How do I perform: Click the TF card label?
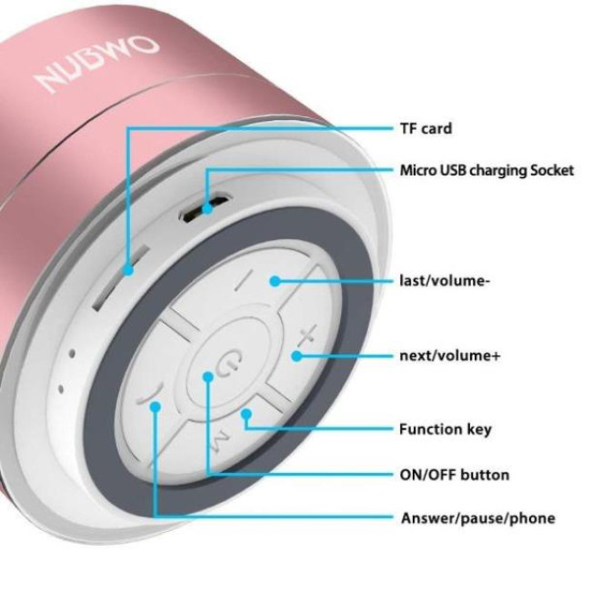tap(426, 128)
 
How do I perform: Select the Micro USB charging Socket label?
tap(487, 170)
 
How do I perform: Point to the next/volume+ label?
tap(450, 355)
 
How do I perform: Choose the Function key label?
tap(446, 428)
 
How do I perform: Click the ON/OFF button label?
tap(455, 475)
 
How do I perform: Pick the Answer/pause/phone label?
tap(477, 518)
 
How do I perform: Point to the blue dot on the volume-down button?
tap(274, 281)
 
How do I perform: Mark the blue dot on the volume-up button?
tap(296, 355)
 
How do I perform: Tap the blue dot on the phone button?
tap(155, 406)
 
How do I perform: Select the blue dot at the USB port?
tap(207, 209)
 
